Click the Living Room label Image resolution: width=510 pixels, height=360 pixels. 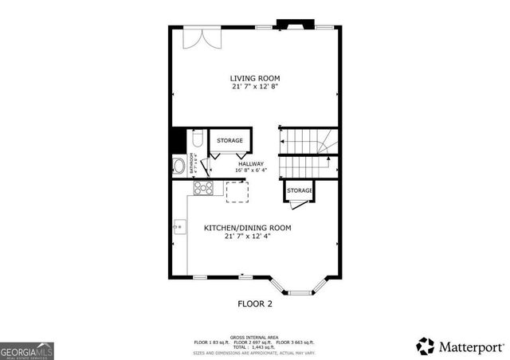tap(255, 78)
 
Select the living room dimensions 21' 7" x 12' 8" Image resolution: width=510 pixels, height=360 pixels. tap(255, 86)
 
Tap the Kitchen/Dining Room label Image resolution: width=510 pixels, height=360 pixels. tap(247, 228)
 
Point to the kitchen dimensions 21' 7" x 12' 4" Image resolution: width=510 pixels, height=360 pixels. tap(247, 237)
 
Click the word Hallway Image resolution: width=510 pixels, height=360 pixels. tap(250, 164)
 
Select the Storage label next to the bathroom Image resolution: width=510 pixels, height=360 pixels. tap(230, 141)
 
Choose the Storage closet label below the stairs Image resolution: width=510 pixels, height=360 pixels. tap(300, 190)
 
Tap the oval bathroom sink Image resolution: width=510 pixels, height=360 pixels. tap(179, 167)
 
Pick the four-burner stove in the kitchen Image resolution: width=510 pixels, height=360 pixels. tap(204, 189)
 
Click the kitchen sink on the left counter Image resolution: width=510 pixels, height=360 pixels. tap(178, 228)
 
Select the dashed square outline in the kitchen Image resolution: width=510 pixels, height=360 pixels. tap(237, 193)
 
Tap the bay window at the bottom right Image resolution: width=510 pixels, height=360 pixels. tap(301, 288)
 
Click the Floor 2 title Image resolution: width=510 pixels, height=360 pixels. tap(255, 303)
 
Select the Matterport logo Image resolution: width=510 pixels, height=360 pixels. tap(461, 346)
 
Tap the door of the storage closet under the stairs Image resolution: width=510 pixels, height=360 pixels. tap(296, 204)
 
